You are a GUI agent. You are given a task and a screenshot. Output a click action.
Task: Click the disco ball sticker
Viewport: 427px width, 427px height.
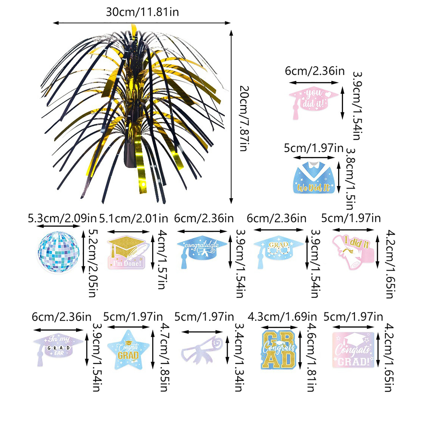(x=59, y=252)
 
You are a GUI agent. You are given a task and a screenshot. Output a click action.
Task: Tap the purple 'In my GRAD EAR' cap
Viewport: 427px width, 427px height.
(x=57, y=347)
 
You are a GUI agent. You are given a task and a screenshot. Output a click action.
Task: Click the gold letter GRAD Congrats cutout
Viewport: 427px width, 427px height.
(x=279, y=350)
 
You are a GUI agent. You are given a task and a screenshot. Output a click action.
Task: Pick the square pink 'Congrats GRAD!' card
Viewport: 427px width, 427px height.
(x=353, y=350)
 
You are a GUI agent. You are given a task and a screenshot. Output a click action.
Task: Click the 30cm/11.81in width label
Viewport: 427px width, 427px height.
(x=142, y=12)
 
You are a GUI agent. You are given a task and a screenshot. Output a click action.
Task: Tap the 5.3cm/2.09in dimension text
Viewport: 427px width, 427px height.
(x=62, y=218)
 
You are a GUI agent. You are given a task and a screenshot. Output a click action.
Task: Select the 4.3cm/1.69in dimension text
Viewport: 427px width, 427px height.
(x=282, y=317)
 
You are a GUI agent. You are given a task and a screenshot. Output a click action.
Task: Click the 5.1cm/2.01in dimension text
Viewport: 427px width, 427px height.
(x=133, y=219)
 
